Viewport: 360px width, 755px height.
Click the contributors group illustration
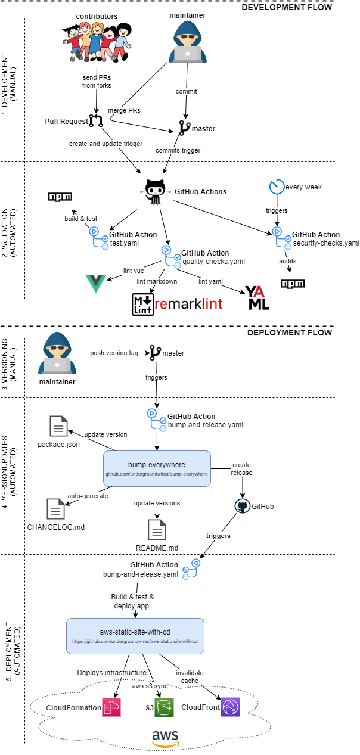(96, 41)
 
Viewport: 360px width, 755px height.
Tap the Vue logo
(96, 284)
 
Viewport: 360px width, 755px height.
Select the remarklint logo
(177, 304)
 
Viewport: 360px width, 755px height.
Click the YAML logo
(257, 297)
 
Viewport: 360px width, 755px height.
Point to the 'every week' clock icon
(277, 187)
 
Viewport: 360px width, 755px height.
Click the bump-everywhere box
(157, 468)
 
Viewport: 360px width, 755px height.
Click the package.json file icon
(58, 427)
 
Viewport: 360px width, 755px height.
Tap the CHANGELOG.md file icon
(55, 508)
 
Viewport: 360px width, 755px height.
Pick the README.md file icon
(157, 529)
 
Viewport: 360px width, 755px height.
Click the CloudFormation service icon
(111, 707)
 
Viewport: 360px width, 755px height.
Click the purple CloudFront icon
(230, 707)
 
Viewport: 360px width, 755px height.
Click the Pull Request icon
(95, 122)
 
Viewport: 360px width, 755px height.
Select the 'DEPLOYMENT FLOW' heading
(290, 333)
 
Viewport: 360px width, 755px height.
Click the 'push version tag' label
(114, 353)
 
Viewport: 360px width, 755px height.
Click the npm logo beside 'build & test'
(60, 197)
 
